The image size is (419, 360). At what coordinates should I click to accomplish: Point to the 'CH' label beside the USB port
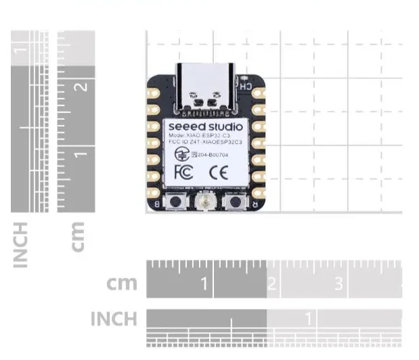pyautogui.click(x=245, y=87)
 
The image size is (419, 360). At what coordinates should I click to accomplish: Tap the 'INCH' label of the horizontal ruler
pyautogui.click(x=114, y=318)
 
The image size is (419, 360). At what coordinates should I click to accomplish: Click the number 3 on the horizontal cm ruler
pyautogui.click(x=339, y=284)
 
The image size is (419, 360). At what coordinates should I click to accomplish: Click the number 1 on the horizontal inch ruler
pyautogui.click(x=309, y=317)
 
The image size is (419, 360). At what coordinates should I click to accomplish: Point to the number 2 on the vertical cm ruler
pyautogui.click(x=83, y=86)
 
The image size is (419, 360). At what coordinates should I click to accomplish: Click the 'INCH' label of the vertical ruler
pyautogui.click(x=20, y=243)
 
